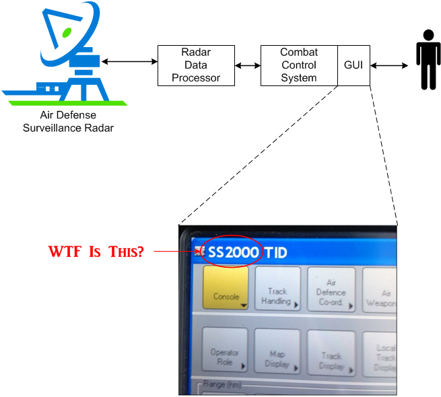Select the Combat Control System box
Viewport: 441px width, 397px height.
pyautogui.click(x=299, y=65)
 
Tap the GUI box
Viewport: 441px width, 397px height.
pyautogui.click(x=353, y=65)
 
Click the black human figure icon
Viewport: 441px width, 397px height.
pyautogui.click(x=427, y=60)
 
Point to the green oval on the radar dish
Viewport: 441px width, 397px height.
pyautogui.click(x=67, y=32)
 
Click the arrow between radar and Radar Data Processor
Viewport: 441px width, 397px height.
pyautogui.click(x=128, y=62)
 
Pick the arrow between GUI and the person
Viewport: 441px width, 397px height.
pyautogui.click(x=390, y=65)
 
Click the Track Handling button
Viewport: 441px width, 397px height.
pyautogui.click(x=277, y=290)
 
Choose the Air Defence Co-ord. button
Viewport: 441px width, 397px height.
pyautogui.click(x=331, y=290)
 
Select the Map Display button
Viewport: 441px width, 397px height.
pyautogui.click(x=277, y=353)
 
